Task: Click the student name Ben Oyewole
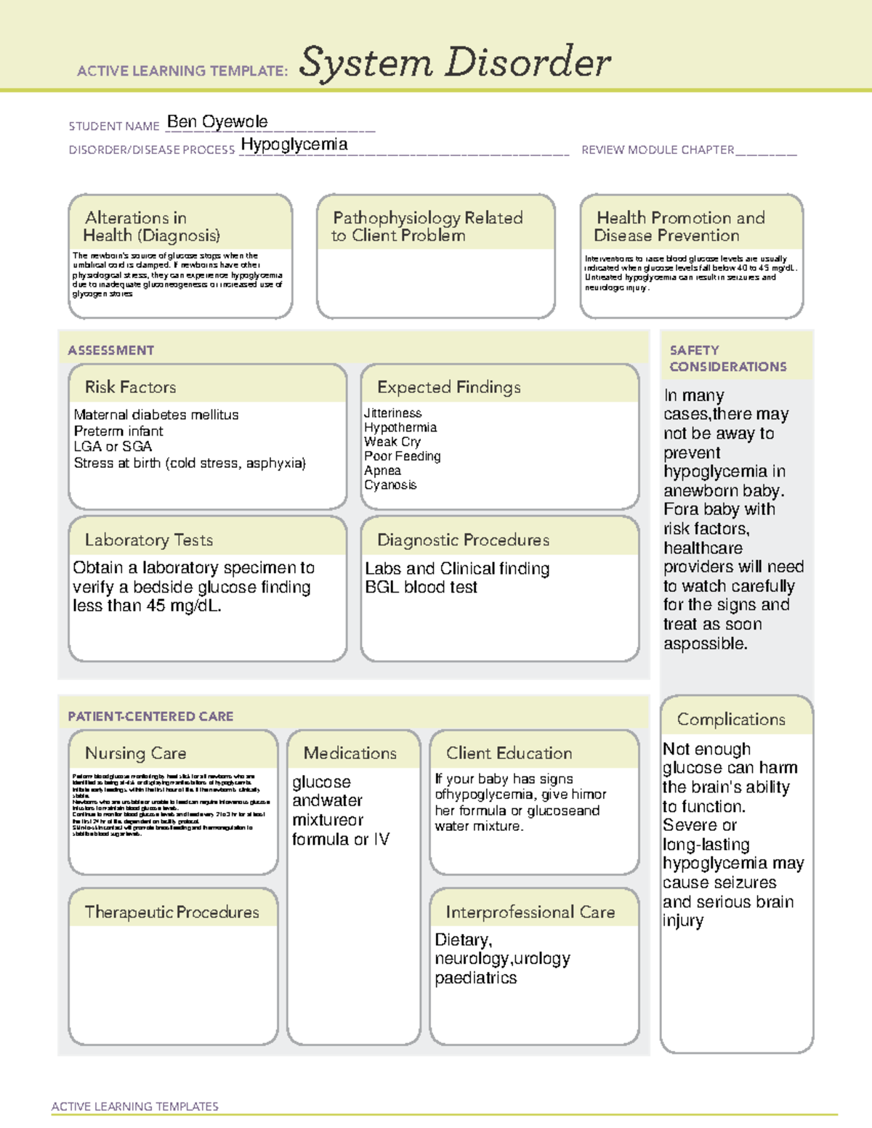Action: (x=217, y=122)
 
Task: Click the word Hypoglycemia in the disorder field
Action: (x=294, y=145)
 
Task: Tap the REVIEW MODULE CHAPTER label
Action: (x=657, y=150)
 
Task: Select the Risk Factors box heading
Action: (x=130, y=387)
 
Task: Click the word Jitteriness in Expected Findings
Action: (x=392, y=413)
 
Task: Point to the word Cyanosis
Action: (x=390, y=484)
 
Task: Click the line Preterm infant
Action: (x=118, y=431)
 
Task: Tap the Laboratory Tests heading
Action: (x=148, y=540)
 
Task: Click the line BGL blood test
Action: (x=421, y=587)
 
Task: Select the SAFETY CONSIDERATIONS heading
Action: (x=727, y=359)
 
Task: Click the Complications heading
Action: (x=731, y=719)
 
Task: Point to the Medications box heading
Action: (x=350, y=753)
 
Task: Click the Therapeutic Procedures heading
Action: (x=171, y=912)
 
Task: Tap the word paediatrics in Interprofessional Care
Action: (x=475, y=978)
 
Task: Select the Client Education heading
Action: (x=509, y=753)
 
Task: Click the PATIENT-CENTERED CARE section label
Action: (x=150, y=716)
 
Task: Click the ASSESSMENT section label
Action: (x=110, y=350)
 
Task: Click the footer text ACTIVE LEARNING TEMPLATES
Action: (x=134, y=1106)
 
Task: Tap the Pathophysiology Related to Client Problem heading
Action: (x=427, y=227)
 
